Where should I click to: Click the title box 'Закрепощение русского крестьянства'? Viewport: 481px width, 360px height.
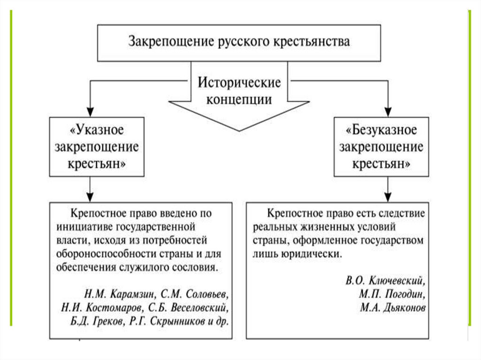[239, 43]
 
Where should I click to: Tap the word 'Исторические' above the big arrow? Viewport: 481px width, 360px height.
[239, 83]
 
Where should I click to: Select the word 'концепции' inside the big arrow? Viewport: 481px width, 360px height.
[239, 100]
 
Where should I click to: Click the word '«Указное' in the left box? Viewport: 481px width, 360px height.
[98, 129]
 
